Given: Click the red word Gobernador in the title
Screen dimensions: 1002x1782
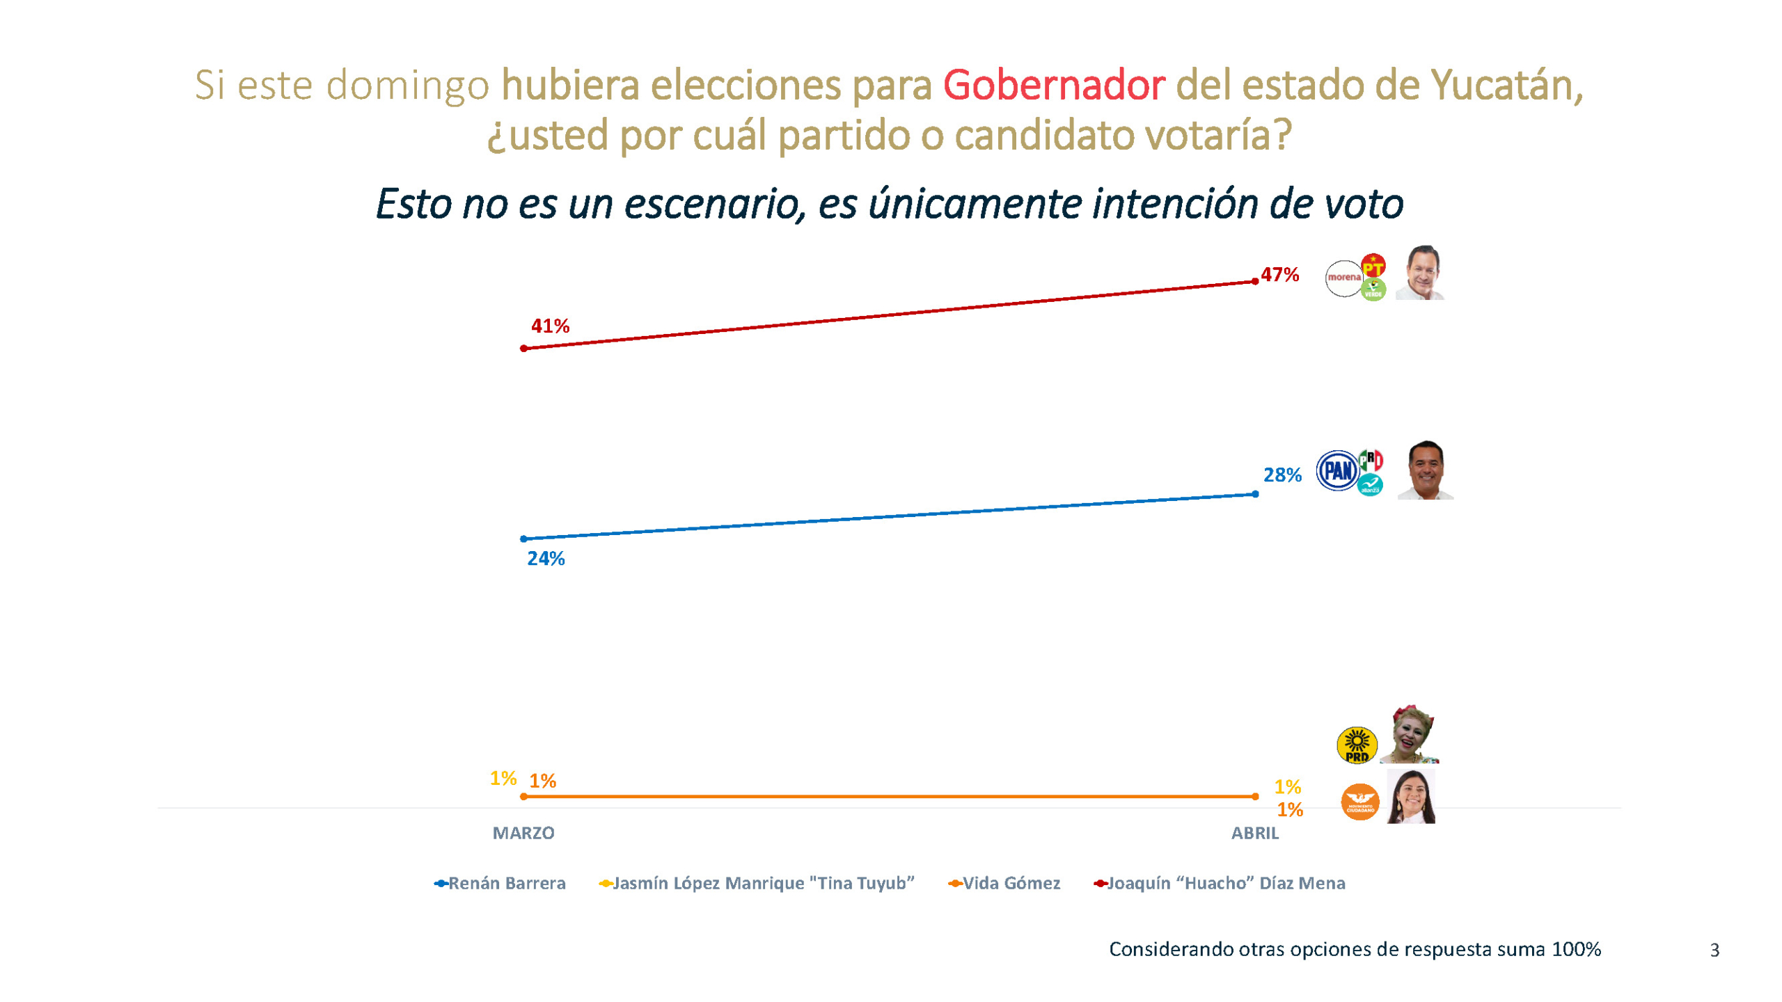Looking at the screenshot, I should tap(1053, 85).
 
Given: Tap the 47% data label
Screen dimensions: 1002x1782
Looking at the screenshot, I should tap(1279, 275).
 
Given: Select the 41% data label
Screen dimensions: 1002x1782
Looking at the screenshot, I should tap(550, 326).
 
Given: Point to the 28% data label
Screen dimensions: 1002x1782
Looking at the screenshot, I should tap(1282, 475).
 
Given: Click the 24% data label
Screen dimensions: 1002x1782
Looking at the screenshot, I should tap(546, 558).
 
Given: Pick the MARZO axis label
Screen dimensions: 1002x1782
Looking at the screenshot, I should tap(523, 833).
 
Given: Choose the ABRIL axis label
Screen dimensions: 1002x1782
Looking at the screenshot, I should tap(1254, 833).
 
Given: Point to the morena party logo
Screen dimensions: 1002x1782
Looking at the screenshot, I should tap(1343, 278).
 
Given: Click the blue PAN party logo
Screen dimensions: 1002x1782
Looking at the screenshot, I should tap(1337, 471).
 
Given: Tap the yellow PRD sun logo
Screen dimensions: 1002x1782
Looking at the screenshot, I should tap(1357, 745).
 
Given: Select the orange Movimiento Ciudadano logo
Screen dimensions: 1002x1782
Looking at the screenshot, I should tap(1359, 802).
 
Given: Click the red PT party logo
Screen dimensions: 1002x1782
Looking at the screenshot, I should tap(1373, 266).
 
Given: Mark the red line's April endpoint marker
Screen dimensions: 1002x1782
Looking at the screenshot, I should tap(1254, 282).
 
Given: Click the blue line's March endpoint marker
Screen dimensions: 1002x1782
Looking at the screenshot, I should tap(523, 539).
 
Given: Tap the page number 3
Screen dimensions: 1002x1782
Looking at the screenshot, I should tap(1714, 951).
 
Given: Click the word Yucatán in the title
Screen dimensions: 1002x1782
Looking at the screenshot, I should tap(1506, 85).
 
